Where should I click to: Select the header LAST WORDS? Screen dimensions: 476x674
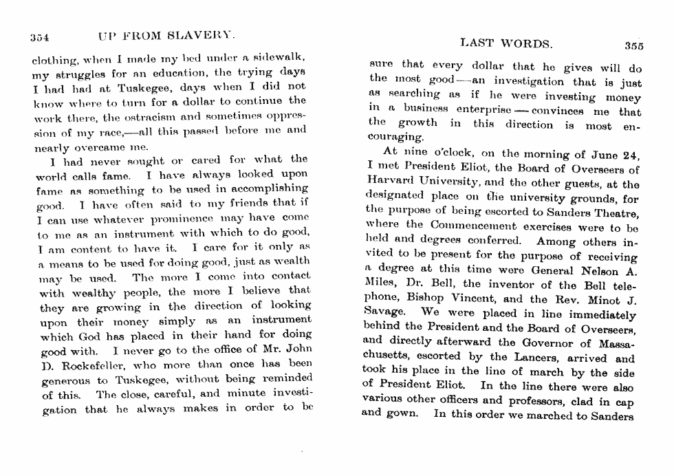point(505,44)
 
